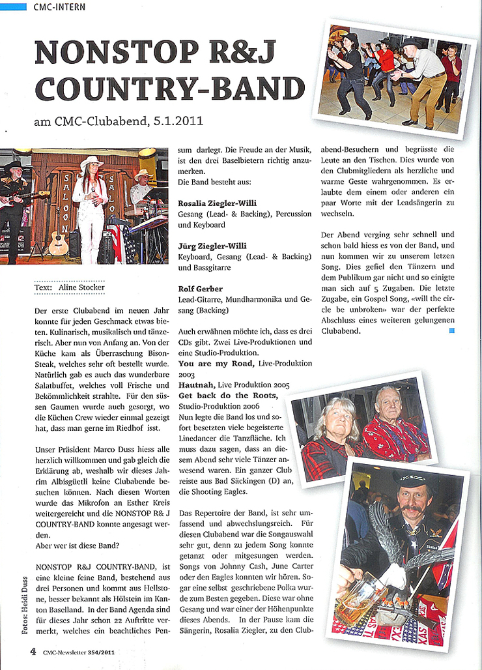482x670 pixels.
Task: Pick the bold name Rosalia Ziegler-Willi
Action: (x=217, y=203)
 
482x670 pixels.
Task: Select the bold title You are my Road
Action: (x=217, y=364)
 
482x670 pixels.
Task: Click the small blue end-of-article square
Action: (x=452, y=331)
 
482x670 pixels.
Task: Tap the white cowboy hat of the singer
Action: (x=91, y=162)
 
